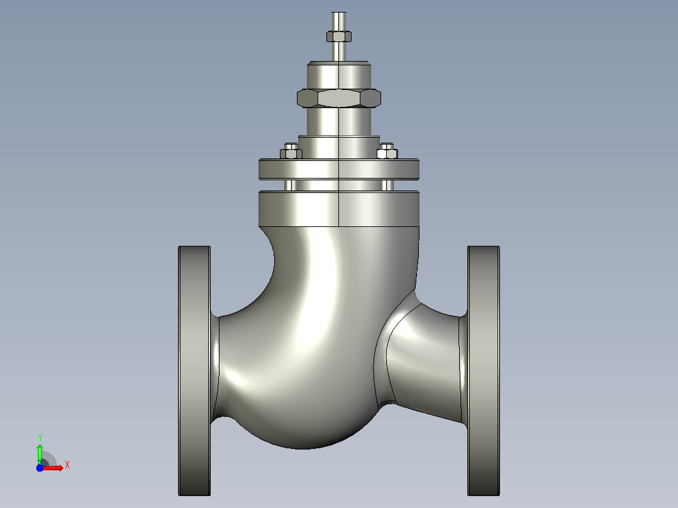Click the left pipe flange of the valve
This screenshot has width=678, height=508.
(194, 371)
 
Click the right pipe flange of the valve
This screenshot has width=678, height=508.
(484, 371)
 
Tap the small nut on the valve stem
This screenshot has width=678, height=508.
(339, 36)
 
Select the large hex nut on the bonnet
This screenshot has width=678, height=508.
(339, 97)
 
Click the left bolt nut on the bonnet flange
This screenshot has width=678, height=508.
(291, 152)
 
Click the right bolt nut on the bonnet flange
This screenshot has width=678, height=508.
(387, 152)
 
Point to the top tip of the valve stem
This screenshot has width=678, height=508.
(339, 13)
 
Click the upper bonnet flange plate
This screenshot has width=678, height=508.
(339, 169)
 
